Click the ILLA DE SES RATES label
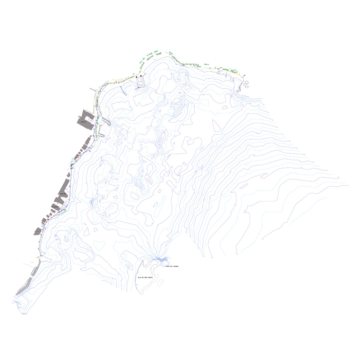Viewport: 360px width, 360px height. point(146,277)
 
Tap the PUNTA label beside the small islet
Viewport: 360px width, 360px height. point(171,266)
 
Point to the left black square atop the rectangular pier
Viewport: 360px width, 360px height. point(136,77)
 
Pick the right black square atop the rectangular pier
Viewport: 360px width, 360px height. point(141,76)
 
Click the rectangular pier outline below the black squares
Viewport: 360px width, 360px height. point(140,82)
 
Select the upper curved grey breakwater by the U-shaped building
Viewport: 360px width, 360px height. point(105,122)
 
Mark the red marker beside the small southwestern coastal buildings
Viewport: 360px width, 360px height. point(47,220)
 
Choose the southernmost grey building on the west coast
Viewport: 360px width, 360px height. point(38,231)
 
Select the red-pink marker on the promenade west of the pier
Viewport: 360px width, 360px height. point(117,81)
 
